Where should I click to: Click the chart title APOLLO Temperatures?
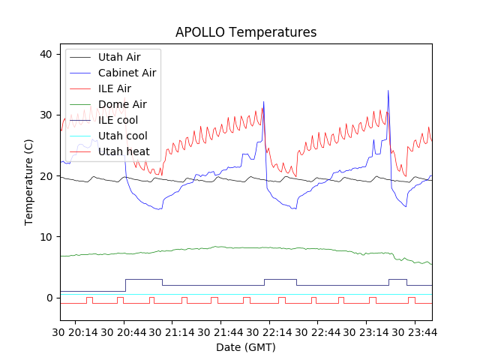coord(246,32)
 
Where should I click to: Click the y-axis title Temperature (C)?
coord(29,181)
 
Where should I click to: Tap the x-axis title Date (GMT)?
coord(246,347)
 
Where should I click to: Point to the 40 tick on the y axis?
coord(46,54)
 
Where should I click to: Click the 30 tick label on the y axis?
coord(46,115)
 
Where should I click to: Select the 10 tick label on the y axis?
coord(46,237)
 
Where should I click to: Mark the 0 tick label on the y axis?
coord(49,298)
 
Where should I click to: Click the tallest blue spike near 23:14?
coord(388,91)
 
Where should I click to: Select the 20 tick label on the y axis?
coord(46,176)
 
